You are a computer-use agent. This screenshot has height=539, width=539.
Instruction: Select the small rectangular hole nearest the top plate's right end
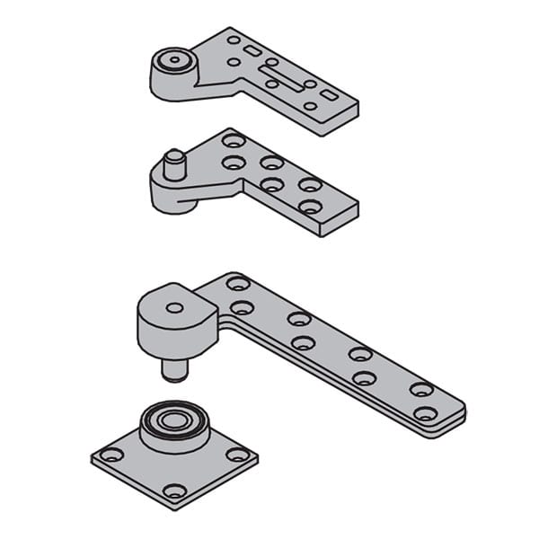click(x=330, y=94)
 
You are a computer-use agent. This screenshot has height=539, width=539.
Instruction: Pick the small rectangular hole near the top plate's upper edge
click(x=253, y=51)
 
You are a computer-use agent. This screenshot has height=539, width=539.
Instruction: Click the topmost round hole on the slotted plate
click(x=234, y=40)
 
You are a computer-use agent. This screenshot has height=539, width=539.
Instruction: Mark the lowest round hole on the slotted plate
click(x=309, y=106)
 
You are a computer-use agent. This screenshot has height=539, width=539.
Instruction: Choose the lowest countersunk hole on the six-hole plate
click(x=309, y=207)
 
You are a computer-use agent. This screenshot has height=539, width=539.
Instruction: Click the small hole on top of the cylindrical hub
click(x=174, y=307)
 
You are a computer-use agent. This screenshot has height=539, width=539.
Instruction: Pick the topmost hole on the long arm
click(x=238, y=284)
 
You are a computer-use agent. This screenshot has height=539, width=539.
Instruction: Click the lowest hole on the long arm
click(x=424, y=414)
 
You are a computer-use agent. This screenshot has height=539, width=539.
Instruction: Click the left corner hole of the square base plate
click(x=110, y=455)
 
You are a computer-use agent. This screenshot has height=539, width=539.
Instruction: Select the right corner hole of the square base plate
click(x=237, y=455)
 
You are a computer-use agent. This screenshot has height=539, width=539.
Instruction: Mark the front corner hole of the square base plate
click(x=174, y=490)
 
